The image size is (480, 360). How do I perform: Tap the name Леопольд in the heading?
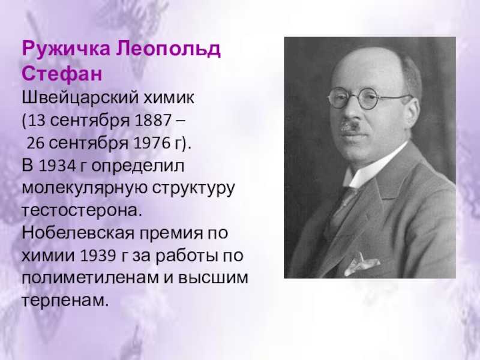[168, 49]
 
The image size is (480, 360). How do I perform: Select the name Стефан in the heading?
[62, 74]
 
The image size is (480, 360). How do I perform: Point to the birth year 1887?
[153, 121]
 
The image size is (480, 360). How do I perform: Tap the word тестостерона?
[82, 211]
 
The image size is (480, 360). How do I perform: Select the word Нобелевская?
[79, 233]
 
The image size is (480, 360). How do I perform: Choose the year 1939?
[98, 256]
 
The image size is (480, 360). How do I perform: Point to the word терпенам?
[65, 301]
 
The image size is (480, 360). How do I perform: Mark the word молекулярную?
[85, 188]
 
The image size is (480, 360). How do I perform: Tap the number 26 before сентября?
[35, 143]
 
